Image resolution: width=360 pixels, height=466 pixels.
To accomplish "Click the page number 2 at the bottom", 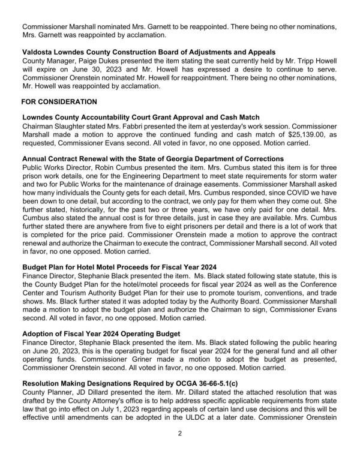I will pyautogui.click(x=180, y=448).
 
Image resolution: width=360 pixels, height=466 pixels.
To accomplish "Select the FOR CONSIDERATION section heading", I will pyautogui.click(x=59, y=102).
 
